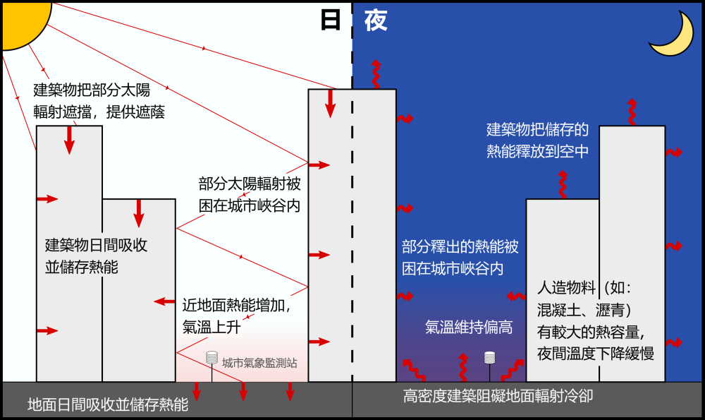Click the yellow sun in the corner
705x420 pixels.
pyautogui.click(x=21, y=21)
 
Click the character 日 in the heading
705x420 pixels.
pyautogui.click(x=330, y=20)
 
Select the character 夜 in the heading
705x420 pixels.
pyautogui.click(x=376, y=20)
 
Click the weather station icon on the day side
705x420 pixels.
pyautogui.click(x=211, y=358)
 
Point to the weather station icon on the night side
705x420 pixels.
pyautogui.click(x=489, y=358)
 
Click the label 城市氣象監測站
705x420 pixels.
pyautogui.click(x=259, y=364)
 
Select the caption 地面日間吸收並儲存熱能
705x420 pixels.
pyautogui.click(x=108, y=404)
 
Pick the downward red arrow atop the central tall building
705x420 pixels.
pyautogui.click(x=329, y=102)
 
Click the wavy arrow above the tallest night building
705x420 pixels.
pyautogui.click(x=632, y=112)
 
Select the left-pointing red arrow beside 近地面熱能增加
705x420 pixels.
pyautogui.click(x=164, y=301)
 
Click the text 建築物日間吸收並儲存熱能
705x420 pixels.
pyautogui.click(x=96, y=256)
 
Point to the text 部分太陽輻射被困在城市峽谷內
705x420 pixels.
pyautogui.click(x=250, y=196)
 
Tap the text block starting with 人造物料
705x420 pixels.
pyautogui.click(x=596, y=320)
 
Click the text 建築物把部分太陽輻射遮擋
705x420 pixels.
pyautogui.click(x=99, y=101)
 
